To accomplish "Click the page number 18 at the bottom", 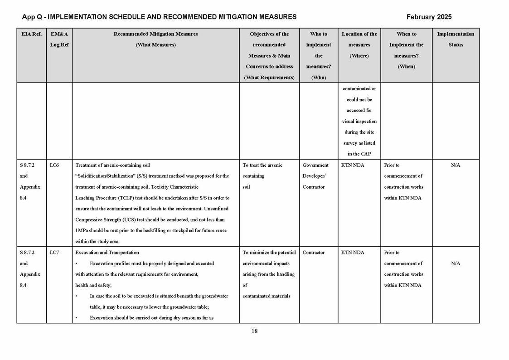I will click(x=254, y=331).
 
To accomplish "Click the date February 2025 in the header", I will click(x=429, y=17).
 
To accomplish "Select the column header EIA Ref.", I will click(x=31, y=34).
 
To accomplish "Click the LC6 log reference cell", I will click(x=54, y=165).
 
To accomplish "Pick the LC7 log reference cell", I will click(x=54, y=253).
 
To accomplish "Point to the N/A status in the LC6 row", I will click(x=456, y=165).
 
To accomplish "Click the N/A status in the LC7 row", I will click(x=456, y=263).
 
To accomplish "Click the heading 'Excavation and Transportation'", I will click(x=107, y=253).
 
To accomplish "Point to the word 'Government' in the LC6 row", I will click(x=315, y=165).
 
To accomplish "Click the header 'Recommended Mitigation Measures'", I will click(x=155, y=34).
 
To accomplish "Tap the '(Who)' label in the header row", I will click(x=319, y=78).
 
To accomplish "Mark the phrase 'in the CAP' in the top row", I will click(x=359, y=154).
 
